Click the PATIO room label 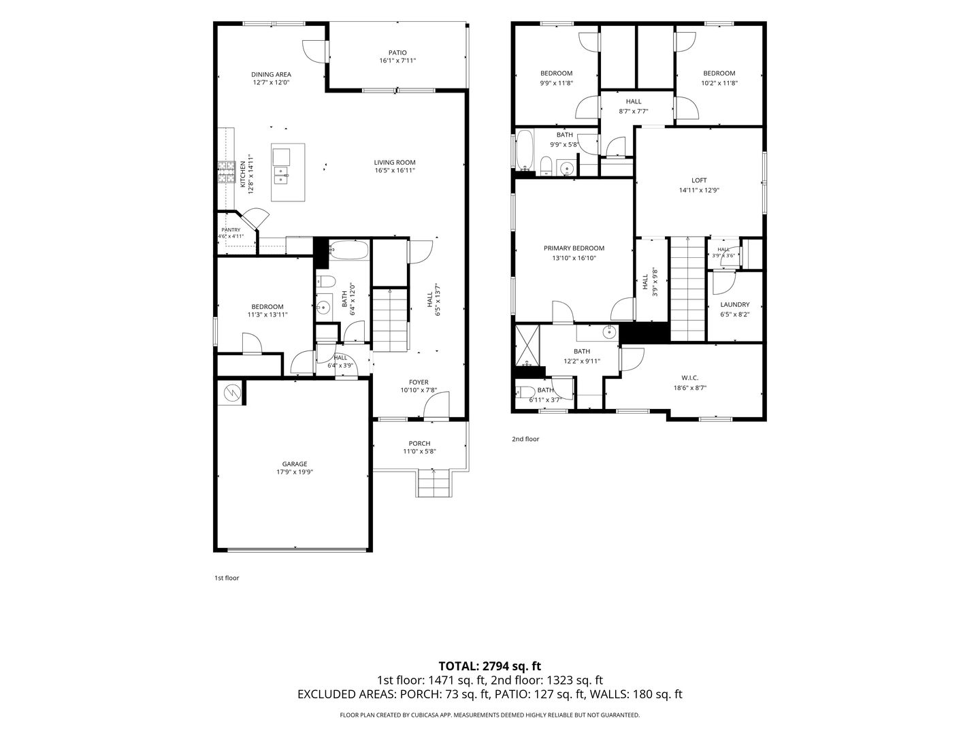[x=397, y=52]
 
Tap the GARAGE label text [x=295, y=464]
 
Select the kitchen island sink [x=281, y=176]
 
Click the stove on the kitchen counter [x=227, y=172]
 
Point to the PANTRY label [x=231, y=230]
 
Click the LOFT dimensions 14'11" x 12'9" [x=699, y=190]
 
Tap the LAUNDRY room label [x=735, y=304]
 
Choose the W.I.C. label [x=690, y=378]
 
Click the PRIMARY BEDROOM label [x=574, y=248]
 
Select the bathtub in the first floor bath [x=349, y=250]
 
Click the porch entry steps [x=433, y=483]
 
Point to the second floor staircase [x=688, y=289]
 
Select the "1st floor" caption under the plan [x=227, y=578]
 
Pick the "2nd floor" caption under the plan [x=525, y=439]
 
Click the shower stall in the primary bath [x=527, y=346]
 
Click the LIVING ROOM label [x=395, y=163]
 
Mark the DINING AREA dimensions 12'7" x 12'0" [x=271, y=82]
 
